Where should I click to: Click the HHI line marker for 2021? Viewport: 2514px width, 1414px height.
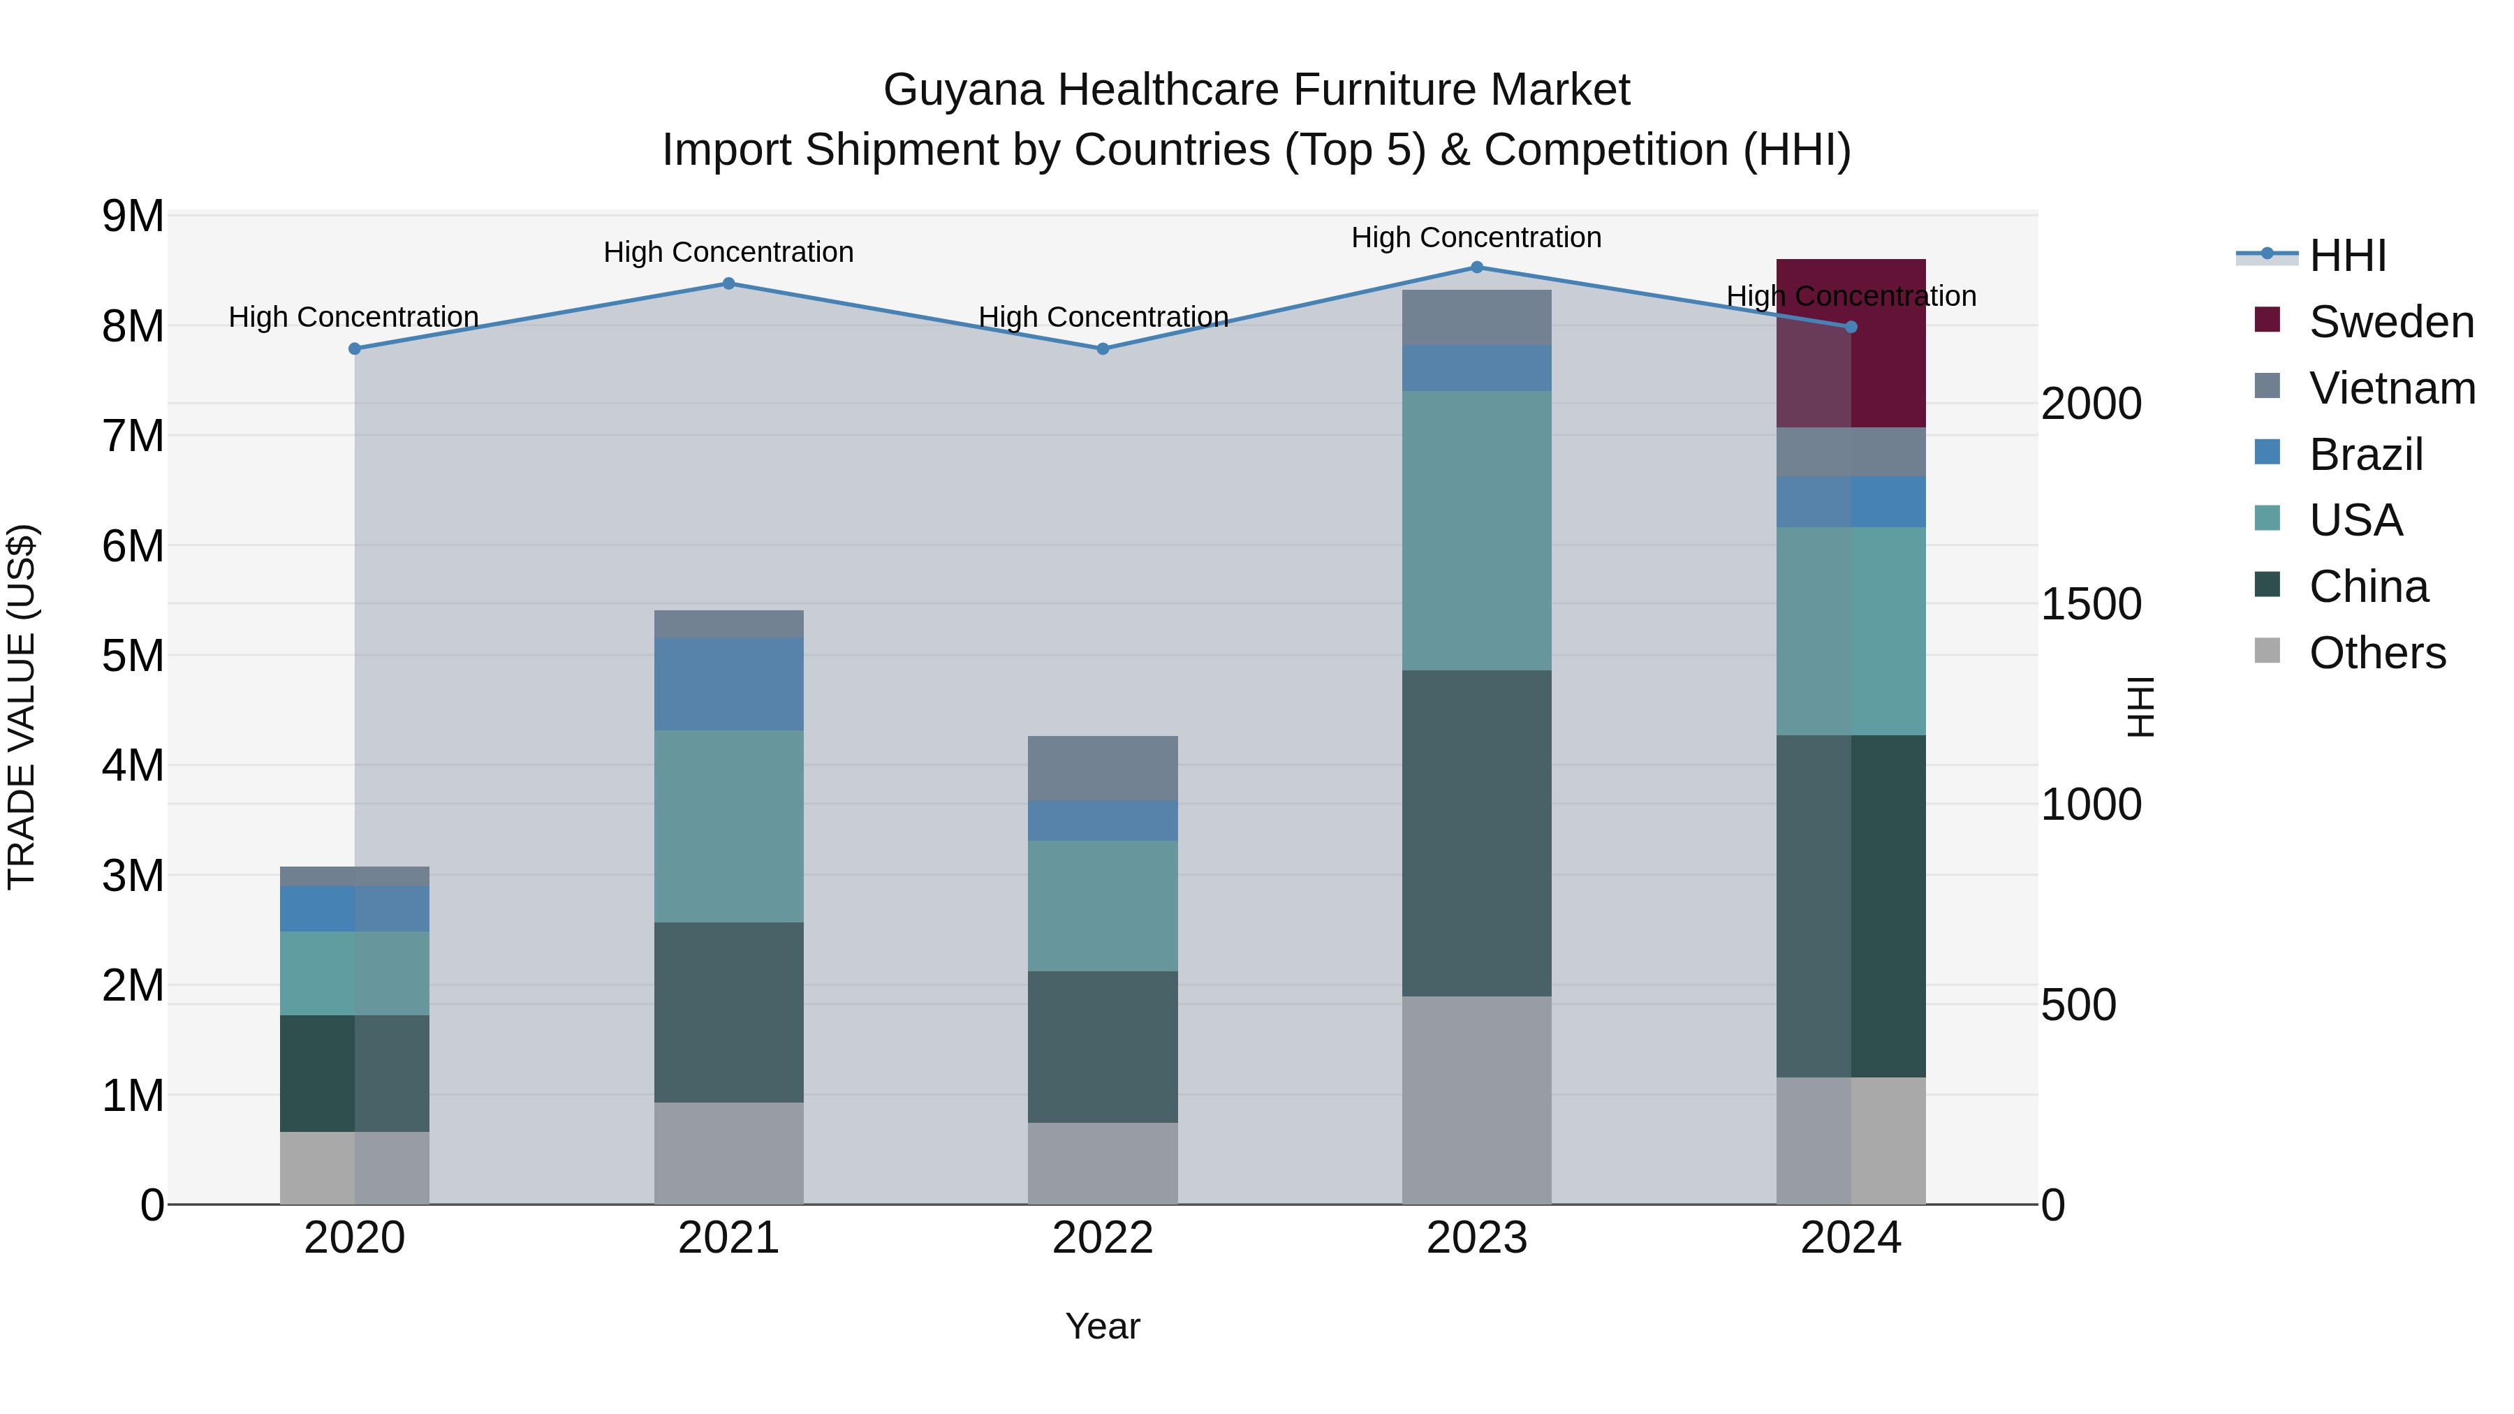728,284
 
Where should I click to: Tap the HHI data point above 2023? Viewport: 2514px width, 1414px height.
1476,267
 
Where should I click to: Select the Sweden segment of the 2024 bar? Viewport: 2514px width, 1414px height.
1851,344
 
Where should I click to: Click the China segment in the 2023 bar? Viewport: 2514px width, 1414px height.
1476,832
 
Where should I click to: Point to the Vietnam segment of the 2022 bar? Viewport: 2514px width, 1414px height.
1103,768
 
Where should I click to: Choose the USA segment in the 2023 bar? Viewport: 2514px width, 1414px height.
1476,530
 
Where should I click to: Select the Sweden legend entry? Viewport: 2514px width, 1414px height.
2391,322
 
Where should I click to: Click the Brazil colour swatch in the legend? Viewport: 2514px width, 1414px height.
2267,452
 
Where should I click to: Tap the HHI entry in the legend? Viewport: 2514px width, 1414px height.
2348,256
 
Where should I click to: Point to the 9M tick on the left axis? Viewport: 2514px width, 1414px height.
133,216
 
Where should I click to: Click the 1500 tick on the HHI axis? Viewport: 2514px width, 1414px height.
2090,604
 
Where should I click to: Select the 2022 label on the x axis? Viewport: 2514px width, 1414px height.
1103,1238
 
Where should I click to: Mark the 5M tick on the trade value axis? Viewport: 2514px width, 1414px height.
133,656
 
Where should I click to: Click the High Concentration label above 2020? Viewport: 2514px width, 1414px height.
353,317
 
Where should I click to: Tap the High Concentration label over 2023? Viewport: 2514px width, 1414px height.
1476,237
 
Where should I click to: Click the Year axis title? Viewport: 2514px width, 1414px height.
1103,1326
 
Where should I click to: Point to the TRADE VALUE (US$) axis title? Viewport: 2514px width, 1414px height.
22,707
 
